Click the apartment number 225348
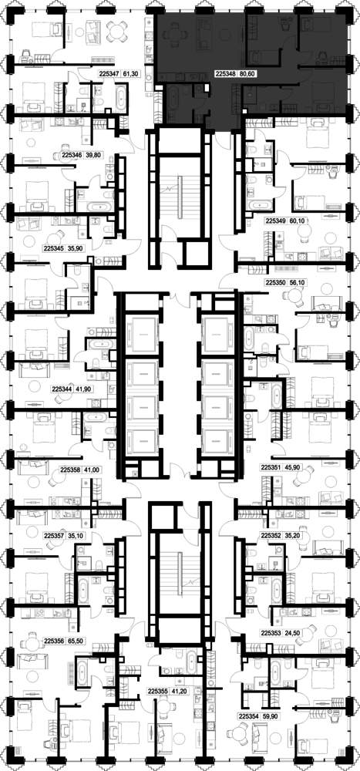pyautogui.click(x=225, y=75)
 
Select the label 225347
pyautogui.click(x=109, y=74)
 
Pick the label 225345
pyautogui.click(x=54, y=249)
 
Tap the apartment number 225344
pyautogui.click(x=62, y=389)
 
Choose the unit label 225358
pyautogui.click(x=70, y=470)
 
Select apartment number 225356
pyautogui.click(x=54, y=641)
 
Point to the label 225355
pyautogui.click(x=158, y=691)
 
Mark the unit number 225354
pyautogui.click(x=248, y=716)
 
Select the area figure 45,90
pyautogui.click(x=294, y=470)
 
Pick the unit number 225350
pyautogui.click(x=275, y=283)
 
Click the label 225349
pyautogui.click(x=275, y=221)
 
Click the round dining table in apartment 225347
pyautogui.click(x=117, y=32)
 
